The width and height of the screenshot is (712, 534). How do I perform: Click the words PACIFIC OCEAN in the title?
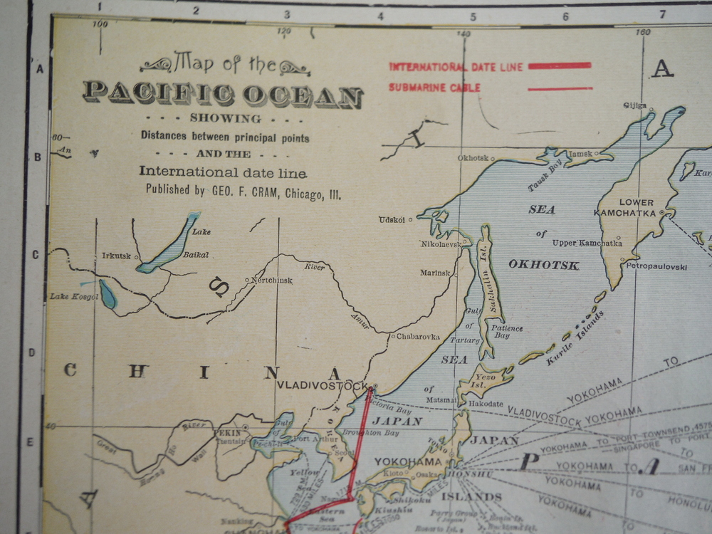point(223,93)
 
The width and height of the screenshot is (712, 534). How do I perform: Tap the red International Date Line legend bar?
point(559,66)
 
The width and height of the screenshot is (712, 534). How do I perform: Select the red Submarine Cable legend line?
point(560,89)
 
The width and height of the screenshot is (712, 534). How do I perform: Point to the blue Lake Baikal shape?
point(169,244)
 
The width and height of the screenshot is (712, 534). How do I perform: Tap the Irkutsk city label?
point(116,256)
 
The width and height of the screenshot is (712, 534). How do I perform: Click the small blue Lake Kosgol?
point(108,294)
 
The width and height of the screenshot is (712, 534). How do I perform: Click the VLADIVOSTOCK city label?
point(323,386)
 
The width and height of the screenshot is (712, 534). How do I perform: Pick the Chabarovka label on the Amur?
point(418,336)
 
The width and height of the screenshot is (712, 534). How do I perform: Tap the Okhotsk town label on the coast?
point(473,157)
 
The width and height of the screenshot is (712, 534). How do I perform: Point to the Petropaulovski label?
point(656,266)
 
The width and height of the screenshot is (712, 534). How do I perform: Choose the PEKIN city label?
point(228,431)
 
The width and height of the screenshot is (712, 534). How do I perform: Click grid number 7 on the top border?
point(661,14)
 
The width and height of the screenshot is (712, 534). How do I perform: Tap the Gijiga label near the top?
point(635,105)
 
